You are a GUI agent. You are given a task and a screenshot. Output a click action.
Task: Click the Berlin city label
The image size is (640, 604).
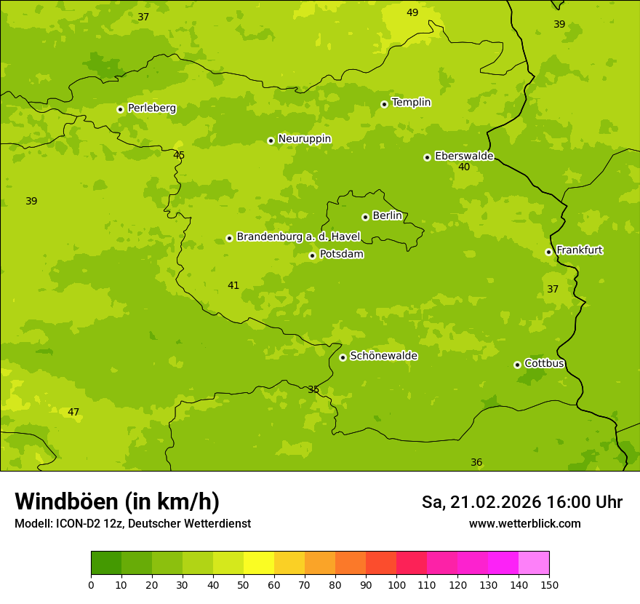tap(387, 216)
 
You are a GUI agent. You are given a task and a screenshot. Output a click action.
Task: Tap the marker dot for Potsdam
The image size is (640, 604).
tap(313, 255)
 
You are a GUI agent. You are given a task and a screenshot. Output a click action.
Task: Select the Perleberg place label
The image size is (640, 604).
tap(151, 108)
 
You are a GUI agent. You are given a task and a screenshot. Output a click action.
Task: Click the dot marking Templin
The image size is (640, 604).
tap(384, 104)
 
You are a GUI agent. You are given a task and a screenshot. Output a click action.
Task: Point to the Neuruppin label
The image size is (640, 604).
tap(304, 139)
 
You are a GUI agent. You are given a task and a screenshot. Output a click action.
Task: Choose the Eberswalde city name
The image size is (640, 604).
tap(464, 156)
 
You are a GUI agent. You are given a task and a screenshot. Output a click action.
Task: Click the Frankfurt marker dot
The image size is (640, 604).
tap(548, 253)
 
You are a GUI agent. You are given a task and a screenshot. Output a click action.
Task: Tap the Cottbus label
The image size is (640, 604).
tap(544, 363)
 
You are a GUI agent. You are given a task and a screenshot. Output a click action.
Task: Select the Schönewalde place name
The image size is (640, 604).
tap(383, 356)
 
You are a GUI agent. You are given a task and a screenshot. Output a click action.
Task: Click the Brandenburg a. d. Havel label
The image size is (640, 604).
tap(298, 237)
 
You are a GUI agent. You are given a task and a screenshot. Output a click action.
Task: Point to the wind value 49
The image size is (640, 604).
tap(412, 12)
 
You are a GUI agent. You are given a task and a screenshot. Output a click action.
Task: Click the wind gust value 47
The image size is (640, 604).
tap(73, 412)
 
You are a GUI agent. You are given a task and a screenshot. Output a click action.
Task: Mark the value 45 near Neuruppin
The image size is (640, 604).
tap(179, 155)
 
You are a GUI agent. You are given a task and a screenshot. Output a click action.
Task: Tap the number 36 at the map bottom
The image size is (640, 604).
tap(476, 462)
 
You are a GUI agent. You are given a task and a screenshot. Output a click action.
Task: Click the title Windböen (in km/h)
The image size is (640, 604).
tap(117, 501)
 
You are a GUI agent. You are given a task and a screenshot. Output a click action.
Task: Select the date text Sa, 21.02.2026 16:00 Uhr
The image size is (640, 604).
tap(521, 502)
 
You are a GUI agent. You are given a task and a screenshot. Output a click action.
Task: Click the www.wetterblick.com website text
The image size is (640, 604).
tap(524, 523)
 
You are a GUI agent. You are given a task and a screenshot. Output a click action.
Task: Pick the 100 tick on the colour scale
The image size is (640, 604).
tap(396, 584)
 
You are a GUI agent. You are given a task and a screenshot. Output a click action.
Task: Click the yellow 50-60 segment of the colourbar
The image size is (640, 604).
tap(259, 563)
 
